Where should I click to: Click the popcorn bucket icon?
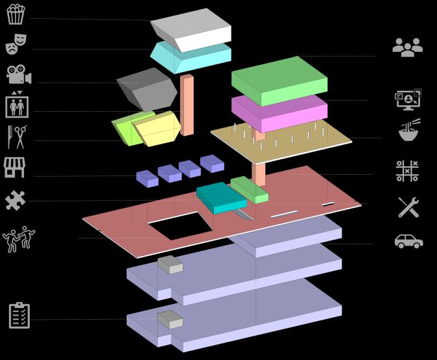click(16, 14)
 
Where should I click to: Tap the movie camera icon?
click(19, 75)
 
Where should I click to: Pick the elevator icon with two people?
click(17, 104)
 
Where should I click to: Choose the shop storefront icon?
click(14, 167)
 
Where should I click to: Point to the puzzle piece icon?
click(15, 200)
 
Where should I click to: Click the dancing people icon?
click(19, 239)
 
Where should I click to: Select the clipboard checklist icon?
click(20, 315)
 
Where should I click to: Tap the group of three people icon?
click(407, 47)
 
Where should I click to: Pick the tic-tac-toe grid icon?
click(407, 171)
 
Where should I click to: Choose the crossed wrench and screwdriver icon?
click(408, 207)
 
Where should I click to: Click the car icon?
click(408, 241)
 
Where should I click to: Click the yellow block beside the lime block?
click(157, 129)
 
